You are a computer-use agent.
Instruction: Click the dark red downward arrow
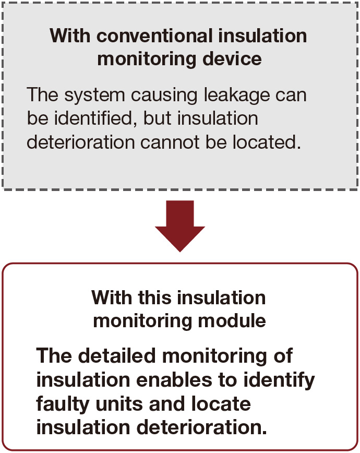coord(180,225)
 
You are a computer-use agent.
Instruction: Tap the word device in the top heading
coord(232,58)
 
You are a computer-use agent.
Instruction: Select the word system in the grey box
coord(95,96)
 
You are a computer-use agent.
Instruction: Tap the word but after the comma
coord(157,118)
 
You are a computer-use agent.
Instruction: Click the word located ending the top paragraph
coord(267,142)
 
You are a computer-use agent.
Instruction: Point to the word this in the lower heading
coord(154,297)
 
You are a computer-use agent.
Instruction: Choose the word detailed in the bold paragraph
coord(117,355)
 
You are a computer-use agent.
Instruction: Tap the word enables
coord(174,379)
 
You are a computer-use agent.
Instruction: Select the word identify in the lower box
coord(279,380)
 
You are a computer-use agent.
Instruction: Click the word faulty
coord(63,404)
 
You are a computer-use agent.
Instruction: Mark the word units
coord(119,404)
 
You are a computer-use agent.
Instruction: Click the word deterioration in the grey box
coord(81,142)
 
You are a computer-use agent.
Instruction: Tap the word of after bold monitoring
coord(283,355)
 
